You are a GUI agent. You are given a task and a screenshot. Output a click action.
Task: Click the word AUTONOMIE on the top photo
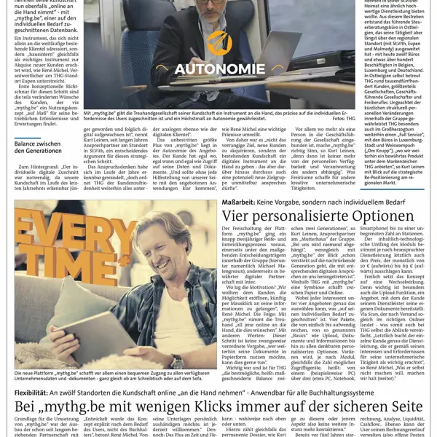click(x=219, y=70)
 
